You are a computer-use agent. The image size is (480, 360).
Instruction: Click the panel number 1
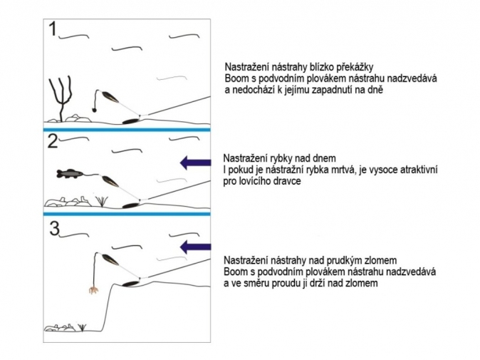(x=53, y=29)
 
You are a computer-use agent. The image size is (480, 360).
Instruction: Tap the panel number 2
(x=53, y=141)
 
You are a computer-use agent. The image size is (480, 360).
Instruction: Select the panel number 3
(x=55, y=229)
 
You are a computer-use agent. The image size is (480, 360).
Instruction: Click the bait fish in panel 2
(x=70, y=173)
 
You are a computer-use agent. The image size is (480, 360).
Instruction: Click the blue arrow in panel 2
(x=195, y=163)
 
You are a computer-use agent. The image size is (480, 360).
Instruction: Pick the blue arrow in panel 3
(x=195, y=247)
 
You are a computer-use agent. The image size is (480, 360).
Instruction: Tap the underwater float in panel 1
(x=110, y=97)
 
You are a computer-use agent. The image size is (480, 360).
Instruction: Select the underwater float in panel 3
(x=110, y=259)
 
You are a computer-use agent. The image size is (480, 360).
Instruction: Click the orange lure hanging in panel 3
(x=94, y=290)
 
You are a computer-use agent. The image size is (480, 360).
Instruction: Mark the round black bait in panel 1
(x=95, y=109)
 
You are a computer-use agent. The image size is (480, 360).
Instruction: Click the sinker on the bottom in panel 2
(x=131, y=205)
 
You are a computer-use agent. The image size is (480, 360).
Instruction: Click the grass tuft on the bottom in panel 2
(x=101, y=201)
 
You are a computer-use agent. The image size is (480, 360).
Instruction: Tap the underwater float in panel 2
(x=110, y=181)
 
